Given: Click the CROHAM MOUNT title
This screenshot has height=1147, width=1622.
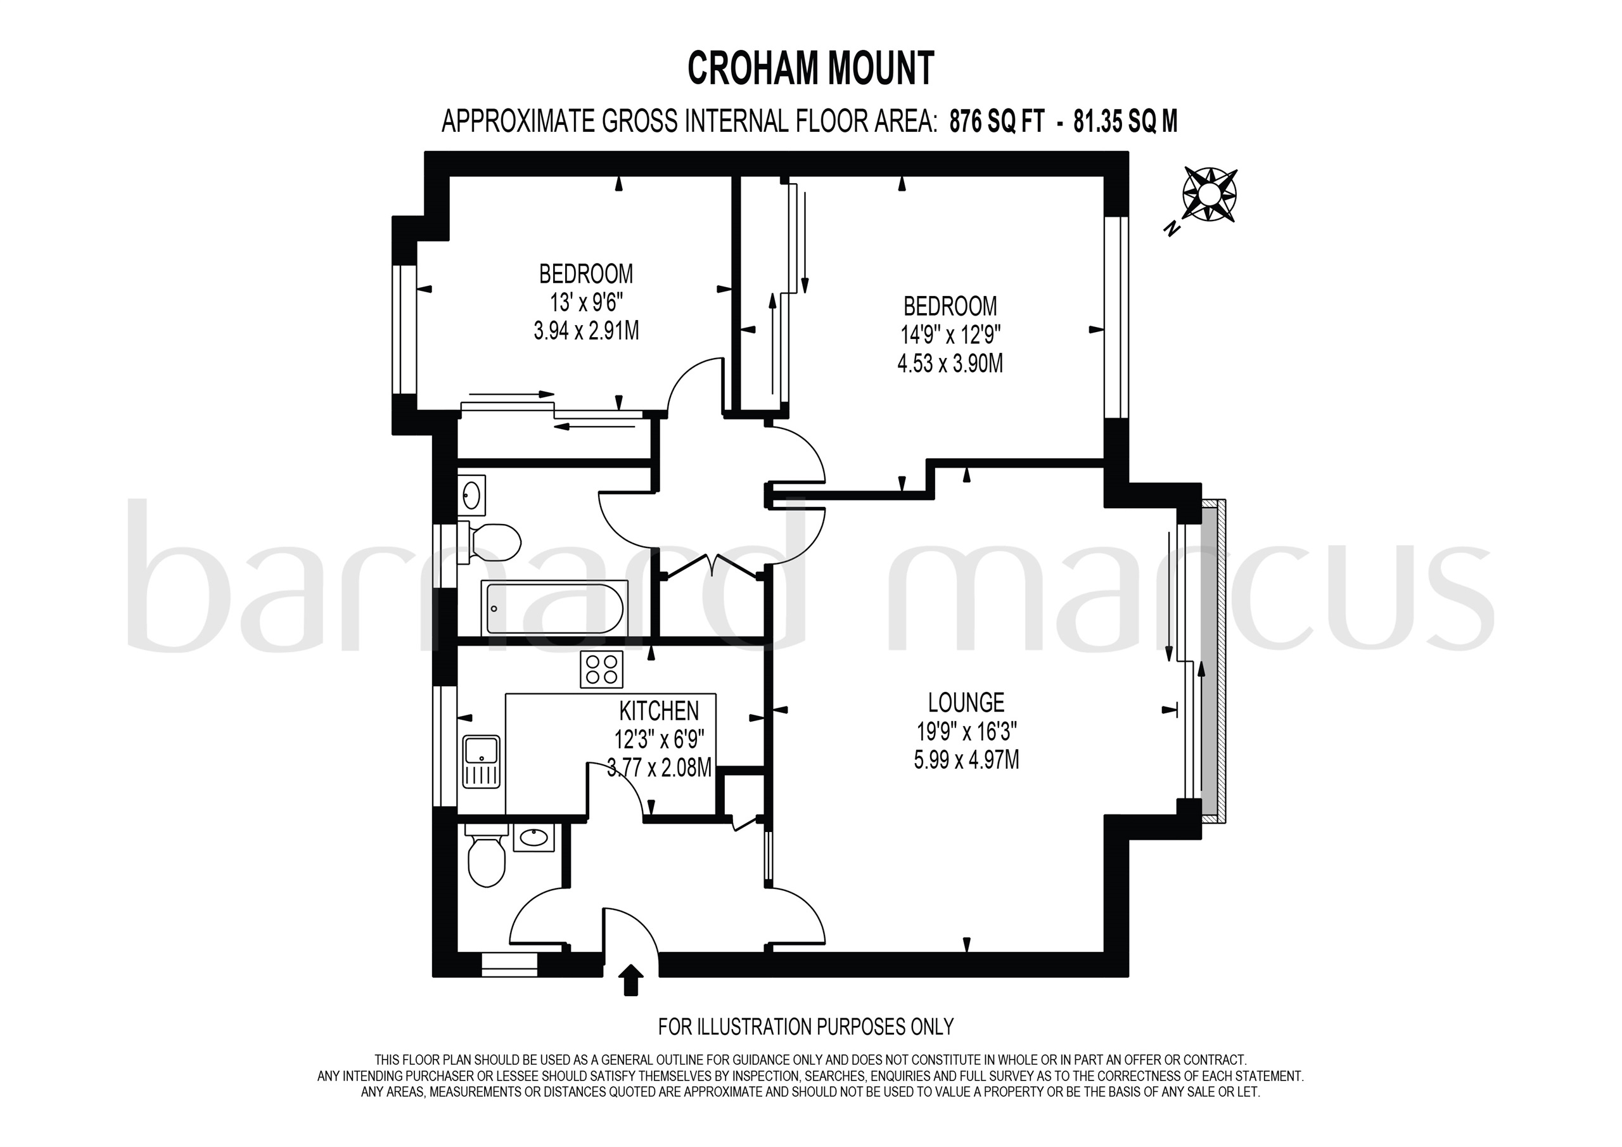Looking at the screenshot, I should pos(810,68).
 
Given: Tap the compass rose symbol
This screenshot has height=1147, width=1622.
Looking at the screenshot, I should pos(1210,195).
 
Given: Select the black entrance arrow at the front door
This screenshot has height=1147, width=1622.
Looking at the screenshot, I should pos(631,980).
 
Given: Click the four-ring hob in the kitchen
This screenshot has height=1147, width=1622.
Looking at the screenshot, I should pos(601,669).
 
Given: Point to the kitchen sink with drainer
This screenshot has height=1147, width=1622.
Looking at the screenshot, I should pos(481,762).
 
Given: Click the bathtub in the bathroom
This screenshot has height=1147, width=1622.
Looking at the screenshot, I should pos(554,608).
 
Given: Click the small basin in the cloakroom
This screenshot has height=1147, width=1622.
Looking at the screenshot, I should pos(533,838).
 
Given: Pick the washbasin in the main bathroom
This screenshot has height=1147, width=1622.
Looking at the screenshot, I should pos(472,494).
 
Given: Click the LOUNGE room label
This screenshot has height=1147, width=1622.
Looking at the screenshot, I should pos(966,703).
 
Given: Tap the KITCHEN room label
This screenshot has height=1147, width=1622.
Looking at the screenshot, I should pos(658,710).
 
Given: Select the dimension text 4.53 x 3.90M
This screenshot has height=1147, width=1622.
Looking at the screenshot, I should pos(950,364).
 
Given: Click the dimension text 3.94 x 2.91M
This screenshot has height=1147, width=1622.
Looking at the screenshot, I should pos(585,331).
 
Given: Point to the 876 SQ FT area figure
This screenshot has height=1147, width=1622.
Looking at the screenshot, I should pos(996,122).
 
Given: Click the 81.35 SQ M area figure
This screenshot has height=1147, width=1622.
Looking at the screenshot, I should pos(1125,122).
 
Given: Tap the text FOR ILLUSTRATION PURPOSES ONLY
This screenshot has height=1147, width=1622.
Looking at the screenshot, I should pos(805,1026).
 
